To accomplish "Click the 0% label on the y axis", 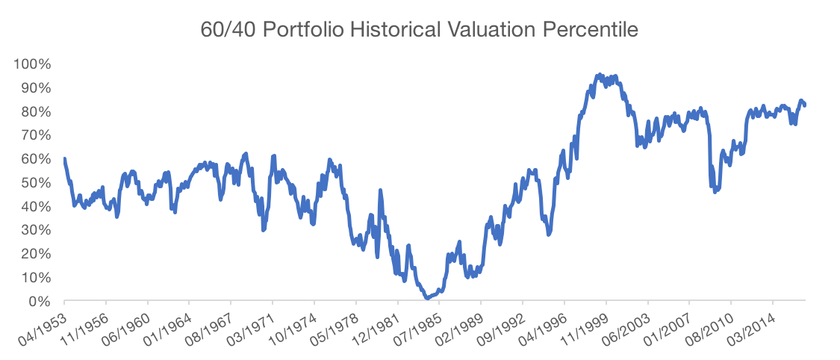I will [39, 302].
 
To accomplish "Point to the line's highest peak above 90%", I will [598, 75].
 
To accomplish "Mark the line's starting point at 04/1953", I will [65, 158].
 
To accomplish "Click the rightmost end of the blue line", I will [805, 105].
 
